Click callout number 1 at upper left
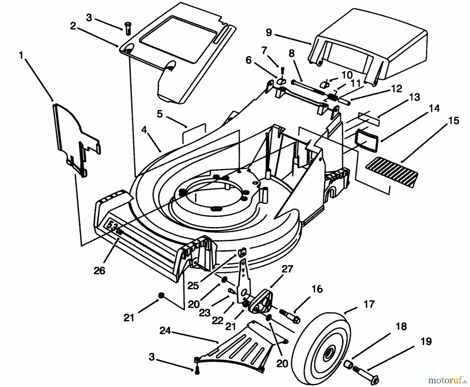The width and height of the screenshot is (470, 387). tap(21, 56)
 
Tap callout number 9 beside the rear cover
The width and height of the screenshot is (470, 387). tap(269, 33)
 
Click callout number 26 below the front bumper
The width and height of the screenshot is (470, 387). tap(99, 270)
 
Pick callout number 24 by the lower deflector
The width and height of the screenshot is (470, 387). tap(165, 331)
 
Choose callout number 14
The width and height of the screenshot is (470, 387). tap(434, 108)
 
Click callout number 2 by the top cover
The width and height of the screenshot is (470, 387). tap(73, 26)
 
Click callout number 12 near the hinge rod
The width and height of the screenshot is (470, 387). tap(396, 89)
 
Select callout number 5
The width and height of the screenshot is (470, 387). tap(160, 114)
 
